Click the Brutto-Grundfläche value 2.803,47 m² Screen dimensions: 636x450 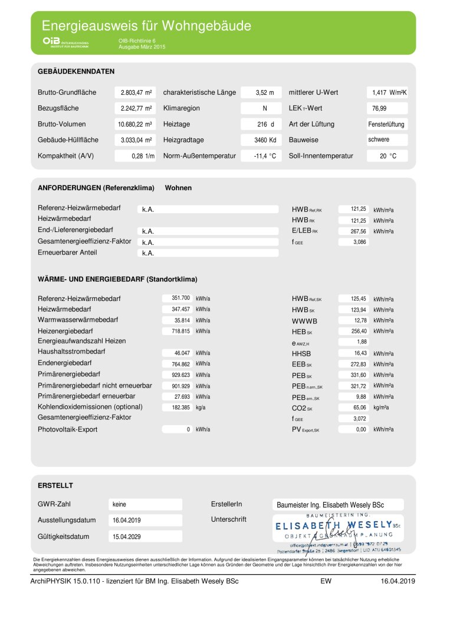[136, 92]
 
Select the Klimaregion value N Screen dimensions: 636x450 [264, 108]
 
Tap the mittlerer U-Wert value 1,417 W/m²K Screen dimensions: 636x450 [390, 92]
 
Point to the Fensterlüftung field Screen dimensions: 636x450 [386, 124]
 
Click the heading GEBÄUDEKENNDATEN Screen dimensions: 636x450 [76, 71]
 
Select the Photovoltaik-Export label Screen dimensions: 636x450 [68, 429]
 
